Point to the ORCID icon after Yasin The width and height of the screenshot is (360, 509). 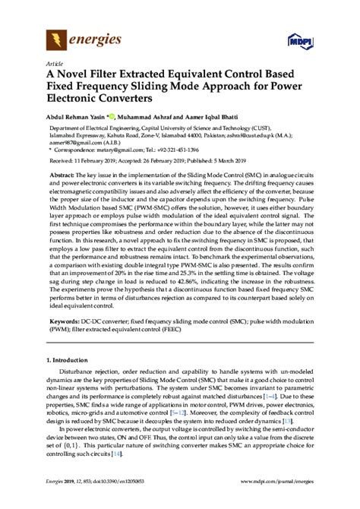click(111, 116)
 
